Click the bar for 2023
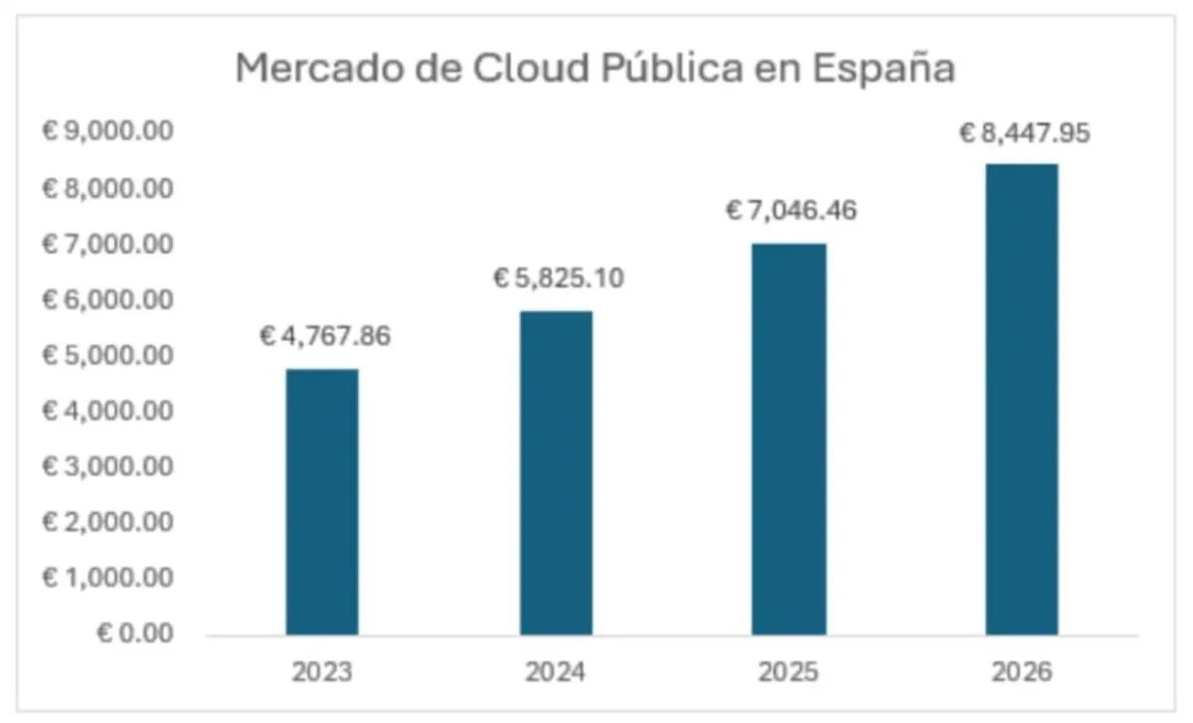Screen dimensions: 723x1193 322,501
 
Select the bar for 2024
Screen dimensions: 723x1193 556,472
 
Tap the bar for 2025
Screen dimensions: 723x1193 788,439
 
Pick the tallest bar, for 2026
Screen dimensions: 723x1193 1022,399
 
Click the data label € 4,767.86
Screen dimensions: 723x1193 325,336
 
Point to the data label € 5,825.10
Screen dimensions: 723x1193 559,277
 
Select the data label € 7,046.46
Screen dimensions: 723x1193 791,211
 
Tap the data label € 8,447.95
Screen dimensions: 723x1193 1024,133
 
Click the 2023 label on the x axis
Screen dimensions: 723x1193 322,673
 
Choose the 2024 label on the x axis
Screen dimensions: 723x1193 556,673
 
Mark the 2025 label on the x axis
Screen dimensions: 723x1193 788,673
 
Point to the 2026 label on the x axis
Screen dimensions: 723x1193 1022,673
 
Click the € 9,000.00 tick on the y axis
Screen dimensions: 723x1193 107,132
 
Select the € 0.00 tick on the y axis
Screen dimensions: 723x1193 134,633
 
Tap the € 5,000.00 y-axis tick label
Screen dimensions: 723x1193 107,355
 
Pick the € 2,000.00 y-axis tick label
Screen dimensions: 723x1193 107,522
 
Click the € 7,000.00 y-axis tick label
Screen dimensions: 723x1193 107,244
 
